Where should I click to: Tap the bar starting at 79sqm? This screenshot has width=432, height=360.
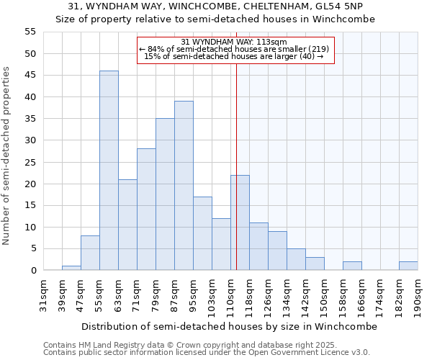[165, 194]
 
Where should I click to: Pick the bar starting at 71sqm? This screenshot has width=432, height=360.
[146, 210]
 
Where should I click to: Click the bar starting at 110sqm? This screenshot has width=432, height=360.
[240, 222]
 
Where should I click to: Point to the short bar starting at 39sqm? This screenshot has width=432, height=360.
[71, 268]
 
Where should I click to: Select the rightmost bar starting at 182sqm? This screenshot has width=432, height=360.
[408, 266]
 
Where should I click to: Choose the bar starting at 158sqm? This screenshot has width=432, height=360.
[352, 266]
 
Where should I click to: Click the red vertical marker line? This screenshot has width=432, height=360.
[236, 166]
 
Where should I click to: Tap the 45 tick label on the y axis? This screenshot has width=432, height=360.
[30, 75]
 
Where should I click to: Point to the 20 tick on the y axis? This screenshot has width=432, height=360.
[30, 184]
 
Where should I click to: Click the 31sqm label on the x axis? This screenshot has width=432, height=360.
[43, 294]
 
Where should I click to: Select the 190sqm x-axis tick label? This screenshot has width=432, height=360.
[418, 294]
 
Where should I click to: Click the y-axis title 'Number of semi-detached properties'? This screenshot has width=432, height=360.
[7, 156]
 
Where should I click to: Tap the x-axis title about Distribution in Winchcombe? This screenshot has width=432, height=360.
[229, 326]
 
